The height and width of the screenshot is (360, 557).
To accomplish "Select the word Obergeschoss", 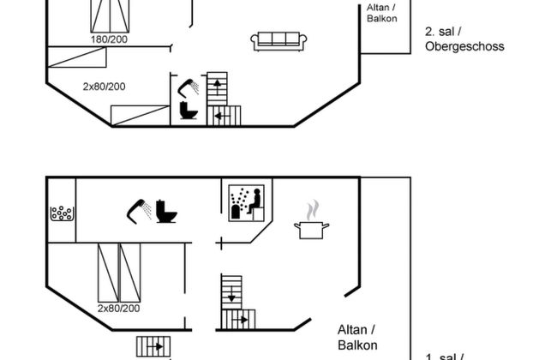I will (x=464, y=46).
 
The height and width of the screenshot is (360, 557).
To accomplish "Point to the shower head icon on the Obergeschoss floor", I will (x=189, y=86).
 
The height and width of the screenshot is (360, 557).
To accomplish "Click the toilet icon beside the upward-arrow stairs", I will (x=189, y=111).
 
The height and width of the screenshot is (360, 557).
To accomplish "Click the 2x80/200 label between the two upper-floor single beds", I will (x=105, y=87).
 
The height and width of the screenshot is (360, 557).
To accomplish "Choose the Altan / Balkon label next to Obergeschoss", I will (x=381, y=13).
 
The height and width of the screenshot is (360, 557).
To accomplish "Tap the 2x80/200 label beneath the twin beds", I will (x=117, y=308).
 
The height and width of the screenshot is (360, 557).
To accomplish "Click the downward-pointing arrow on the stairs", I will (x=231, y=297).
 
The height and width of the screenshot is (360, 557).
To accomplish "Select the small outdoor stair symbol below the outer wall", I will (x=153, y=346).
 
